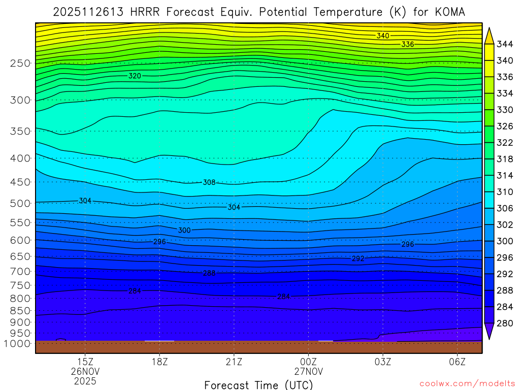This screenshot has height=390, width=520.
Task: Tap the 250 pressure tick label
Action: [20, 63]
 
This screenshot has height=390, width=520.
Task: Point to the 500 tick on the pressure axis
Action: [20, 204]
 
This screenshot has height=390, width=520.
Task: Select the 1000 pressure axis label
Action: [18, 344]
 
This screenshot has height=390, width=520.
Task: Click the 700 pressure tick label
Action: [20, 272]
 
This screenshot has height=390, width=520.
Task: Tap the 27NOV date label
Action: [308, 371]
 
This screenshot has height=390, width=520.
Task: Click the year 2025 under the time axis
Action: [85, 380]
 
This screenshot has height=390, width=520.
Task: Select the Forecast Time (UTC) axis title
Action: [258, 384]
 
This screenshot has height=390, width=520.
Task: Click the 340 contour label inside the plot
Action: [383, 36]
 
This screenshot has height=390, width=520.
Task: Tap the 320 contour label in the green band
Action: [135, 76]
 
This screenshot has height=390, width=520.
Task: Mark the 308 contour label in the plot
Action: [209, 182]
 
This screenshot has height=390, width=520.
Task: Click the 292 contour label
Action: [358, 258]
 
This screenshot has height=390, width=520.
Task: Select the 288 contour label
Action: [209, 273]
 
